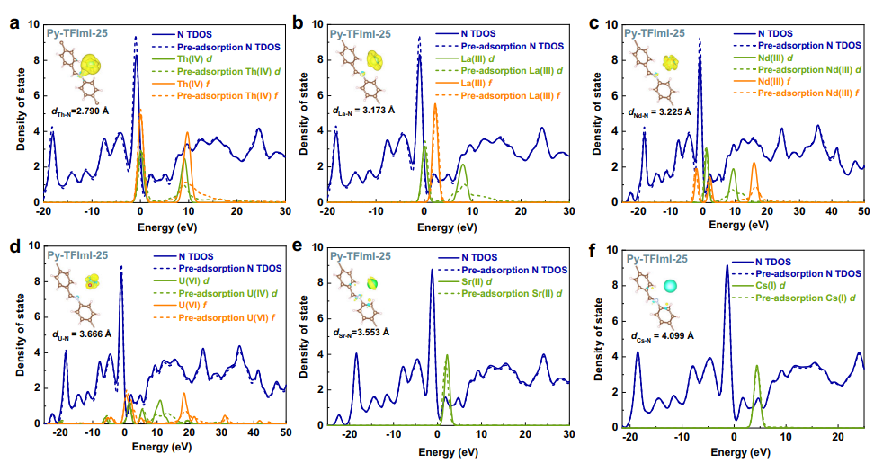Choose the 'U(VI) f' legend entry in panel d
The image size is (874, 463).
point(202,305)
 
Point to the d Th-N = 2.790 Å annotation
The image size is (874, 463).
point(88,113)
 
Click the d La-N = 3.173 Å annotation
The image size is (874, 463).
point(376,111)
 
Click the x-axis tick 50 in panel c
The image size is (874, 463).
point(861,209)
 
